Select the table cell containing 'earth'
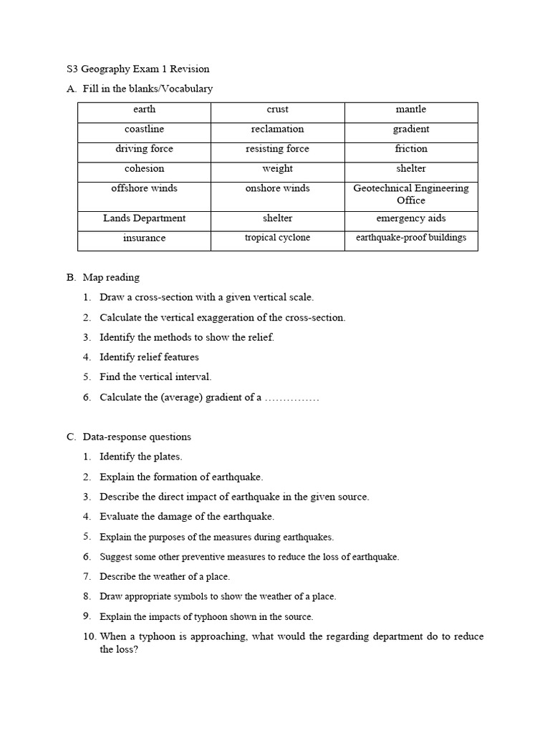[144, 110]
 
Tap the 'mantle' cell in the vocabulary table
[410, 110]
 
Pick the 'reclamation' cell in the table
[277, 130]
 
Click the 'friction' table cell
[410, 149]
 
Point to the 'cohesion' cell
[144, 169]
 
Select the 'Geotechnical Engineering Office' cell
[410, 195]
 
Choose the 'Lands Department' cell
[144, 218]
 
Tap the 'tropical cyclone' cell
[277, 238]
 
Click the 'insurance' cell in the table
[144, 238]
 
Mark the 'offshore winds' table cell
[144, 188]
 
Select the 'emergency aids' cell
[410, 218]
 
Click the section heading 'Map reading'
[111, 277]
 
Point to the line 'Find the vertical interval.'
[155, 377]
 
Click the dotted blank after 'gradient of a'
[291, 397]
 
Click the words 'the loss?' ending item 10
[118, 650]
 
